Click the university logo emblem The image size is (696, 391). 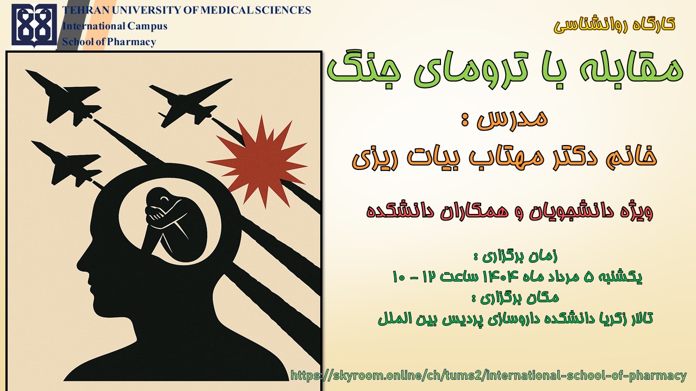34,25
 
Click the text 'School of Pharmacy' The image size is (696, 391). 109,42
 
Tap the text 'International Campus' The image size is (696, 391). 115,26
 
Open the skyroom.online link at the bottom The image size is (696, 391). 488,376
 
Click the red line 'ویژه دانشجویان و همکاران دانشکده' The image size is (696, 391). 509,212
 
